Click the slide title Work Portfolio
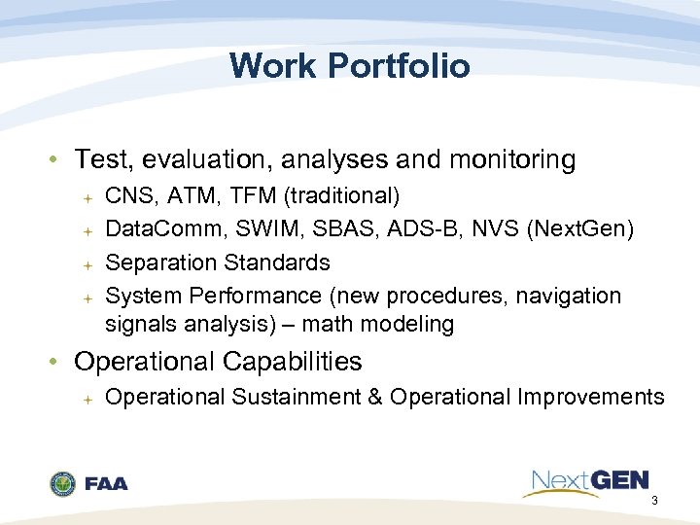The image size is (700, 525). pyautogui.click(x=349, y=66)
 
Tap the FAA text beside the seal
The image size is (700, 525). pyautogui.click(x=106, y=484)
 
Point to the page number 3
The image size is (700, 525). pyautogui.click(x=654, y=502)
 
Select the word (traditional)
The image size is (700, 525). pyautogui.click(x=341, y=196)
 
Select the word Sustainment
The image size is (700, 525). pyautogui.click(x=289, y=397)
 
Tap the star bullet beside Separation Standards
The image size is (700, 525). pyautogui.click(x=87, y=263)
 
